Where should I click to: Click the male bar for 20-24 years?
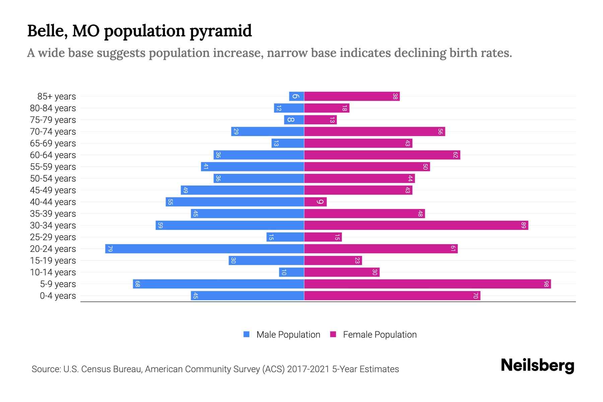pos(204,249)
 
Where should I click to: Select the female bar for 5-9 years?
pos(427,284)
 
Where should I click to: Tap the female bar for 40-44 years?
pos(315,202)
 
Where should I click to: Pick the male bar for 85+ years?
pos(296,96)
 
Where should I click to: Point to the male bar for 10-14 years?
pos(291,272)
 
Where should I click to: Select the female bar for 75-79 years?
pos(320,120)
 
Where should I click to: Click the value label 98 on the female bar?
pos(546,284)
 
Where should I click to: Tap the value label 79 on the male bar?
pos(110,249)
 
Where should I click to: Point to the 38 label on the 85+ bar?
pos(395,96)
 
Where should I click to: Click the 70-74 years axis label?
pos(53,132)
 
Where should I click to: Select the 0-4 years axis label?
pos(58,296)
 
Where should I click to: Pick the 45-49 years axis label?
pos(53,190)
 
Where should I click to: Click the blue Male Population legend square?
pos(247,334)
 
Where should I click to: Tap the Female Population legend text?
pos(380,335)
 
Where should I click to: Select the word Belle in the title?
pos(46,30)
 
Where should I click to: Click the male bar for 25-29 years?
pos(285,237)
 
